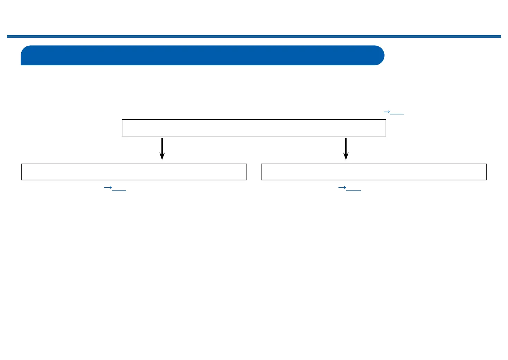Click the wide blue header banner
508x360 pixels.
pyautogui.click(x=202, y=55)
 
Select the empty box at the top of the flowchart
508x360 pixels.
pyautogui.click(x=254, y=128)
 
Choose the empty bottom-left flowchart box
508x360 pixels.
pyautogui.click(x=134, y=172)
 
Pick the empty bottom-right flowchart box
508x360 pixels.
pyautogui.click(x=374, y=172)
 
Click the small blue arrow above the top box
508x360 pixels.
pyautogui.click(x=386, y=112)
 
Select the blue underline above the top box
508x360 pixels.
pyautogui.click(x=397, y=114)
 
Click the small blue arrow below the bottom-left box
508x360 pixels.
pyautogui.click(x=107, y=188)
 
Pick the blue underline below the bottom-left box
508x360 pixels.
pyautogui.click(x=119, y=190)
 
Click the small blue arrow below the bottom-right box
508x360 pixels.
pyautogui.click(x=342, y=188)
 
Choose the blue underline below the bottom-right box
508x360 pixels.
pyautogui.click(x=354, y=190)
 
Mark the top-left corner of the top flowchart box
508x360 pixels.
pyautogui.click(x=122, y=120)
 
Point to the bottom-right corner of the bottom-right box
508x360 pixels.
pyautogui.click(x=486, y=180)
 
